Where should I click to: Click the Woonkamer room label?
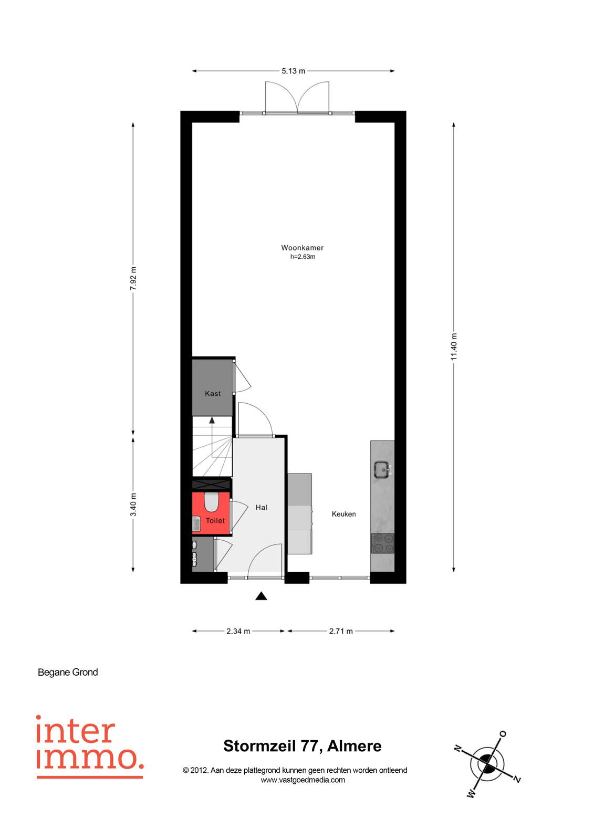coord(302,247)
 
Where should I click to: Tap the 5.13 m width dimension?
coord(294,71)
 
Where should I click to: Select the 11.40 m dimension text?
coord(454,346)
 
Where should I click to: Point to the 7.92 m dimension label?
coord(133,278)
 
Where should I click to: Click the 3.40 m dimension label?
coord(133,505)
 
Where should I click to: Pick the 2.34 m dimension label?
coord(238,631)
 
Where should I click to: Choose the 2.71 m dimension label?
coord(341,631)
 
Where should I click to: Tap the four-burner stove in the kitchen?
coord(382,543)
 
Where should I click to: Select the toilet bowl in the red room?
coord(211,502)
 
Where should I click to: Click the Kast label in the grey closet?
coord(213,393)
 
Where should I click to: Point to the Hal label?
coord(261,507)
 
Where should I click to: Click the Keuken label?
coord(343,514)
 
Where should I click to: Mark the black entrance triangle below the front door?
coord(261,596)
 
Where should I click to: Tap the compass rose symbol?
coord(487,763)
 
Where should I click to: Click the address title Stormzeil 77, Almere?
coord(303,746)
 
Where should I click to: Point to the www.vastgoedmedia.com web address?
coord(303,780)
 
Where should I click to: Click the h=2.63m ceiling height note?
coord(303,257)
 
